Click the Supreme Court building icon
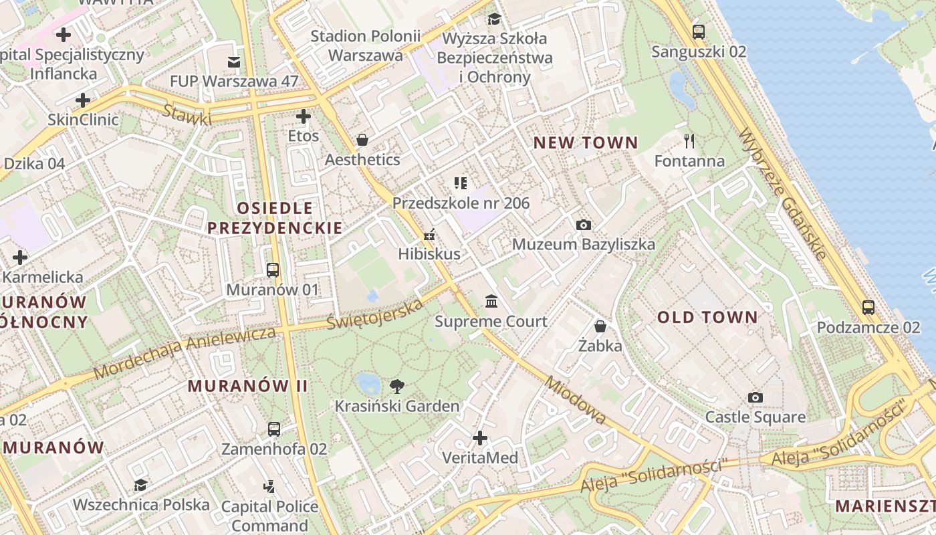click(491, 302)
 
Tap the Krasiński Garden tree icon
click(397, 386)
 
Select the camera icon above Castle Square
click(755, 397)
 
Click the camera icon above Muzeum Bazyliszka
click(584, 225)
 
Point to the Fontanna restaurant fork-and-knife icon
click(689, 141)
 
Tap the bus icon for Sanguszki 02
click(699, 31)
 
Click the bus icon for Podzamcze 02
click(868, 308)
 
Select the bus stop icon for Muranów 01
click(272, 270)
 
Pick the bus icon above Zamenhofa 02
click(274, 429)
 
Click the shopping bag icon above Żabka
click(600, 326)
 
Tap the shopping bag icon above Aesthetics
click(362, 140)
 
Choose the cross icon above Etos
click(304, 116)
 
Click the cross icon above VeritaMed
click(480, 438)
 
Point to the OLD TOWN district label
click(707, 318)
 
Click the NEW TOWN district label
click(586, 142)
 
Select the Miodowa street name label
click(575, 400)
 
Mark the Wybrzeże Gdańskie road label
click(784, 193)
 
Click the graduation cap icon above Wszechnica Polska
click(140, 485)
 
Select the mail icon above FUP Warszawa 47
click(234, 62)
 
